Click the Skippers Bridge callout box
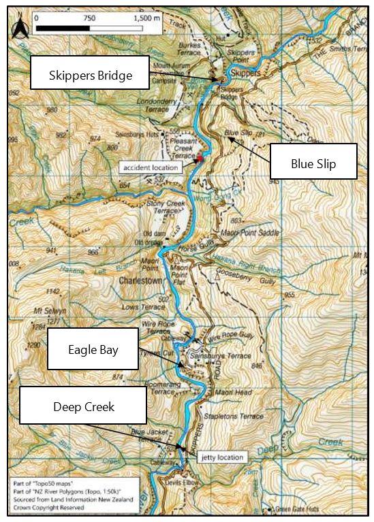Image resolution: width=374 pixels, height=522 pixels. [x=90, y=76]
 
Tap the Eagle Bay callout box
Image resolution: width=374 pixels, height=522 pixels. [x=93, y=350]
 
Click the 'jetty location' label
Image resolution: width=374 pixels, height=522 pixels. [x=222, y=457]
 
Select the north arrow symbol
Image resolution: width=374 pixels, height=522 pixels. [x=18, y=28]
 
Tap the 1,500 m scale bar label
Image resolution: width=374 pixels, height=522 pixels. [x=146, y=19]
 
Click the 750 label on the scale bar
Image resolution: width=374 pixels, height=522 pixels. [x=89, y=19]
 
